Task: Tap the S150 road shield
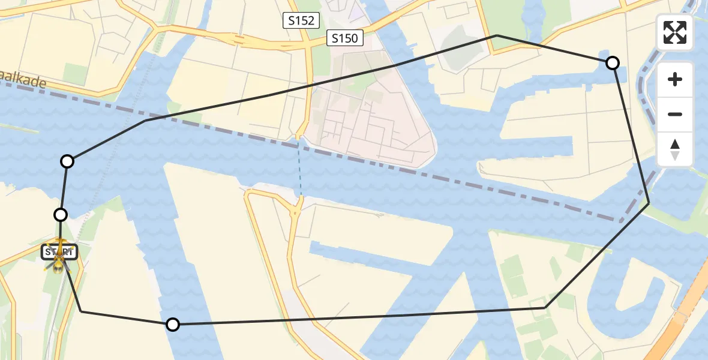[x=345, y=39]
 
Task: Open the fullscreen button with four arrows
[x=675, y=32]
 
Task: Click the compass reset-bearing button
[x=675, y=149]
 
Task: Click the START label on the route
[x=59, y=252]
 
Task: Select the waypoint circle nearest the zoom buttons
[x=612, y=62]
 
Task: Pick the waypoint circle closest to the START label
[x=61, y=214]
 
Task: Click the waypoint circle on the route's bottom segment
[x=173, y=325]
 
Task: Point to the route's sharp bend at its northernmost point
[x=497, y=36]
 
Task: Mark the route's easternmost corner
[x=649, y=204]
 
